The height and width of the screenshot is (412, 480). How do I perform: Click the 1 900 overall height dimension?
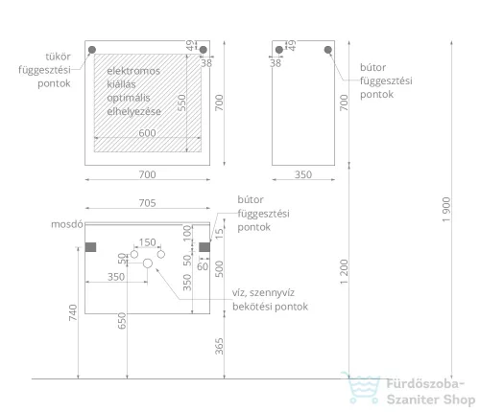click(446, 209)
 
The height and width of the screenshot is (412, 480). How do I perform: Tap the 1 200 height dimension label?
click(344, 272)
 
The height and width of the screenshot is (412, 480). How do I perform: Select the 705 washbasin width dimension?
click(147, 203)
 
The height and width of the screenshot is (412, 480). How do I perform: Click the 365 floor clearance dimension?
click(219, 346)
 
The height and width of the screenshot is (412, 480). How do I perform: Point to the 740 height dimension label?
click(73, 312)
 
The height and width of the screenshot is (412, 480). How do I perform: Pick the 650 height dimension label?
click(122, 321)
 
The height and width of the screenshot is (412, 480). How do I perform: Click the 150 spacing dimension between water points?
click(147, 242)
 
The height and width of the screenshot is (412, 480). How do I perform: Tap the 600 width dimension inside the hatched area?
click(147, 133)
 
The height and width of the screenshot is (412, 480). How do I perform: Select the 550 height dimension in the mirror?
click(181, 103)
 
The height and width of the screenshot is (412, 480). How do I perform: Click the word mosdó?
click(67, 224)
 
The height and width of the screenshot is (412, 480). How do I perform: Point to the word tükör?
click(58, 57)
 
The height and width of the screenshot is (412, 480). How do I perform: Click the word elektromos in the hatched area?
click(133, 71)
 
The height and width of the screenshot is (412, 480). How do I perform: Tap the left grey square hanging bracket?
click(90, 247)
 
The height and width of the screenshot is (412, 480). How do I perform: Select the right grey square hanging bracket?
click(204, 247)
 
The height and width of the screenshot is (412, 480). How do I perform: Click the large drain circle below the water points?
click(148, 263)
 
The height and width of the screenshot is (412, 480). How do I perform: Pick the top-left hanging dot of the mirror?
click(92, 50)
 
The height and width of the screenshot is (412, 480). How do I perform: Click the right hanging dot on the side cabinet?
click(327, 50)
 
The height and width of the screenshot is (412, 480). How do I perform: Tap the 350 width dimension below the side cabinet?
click(303, 174)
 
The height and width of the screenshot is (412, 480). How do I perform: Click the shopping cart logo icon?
click(361, 387)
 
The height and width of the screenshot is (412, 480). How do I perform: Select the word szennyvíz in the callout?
click(272, 293)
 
